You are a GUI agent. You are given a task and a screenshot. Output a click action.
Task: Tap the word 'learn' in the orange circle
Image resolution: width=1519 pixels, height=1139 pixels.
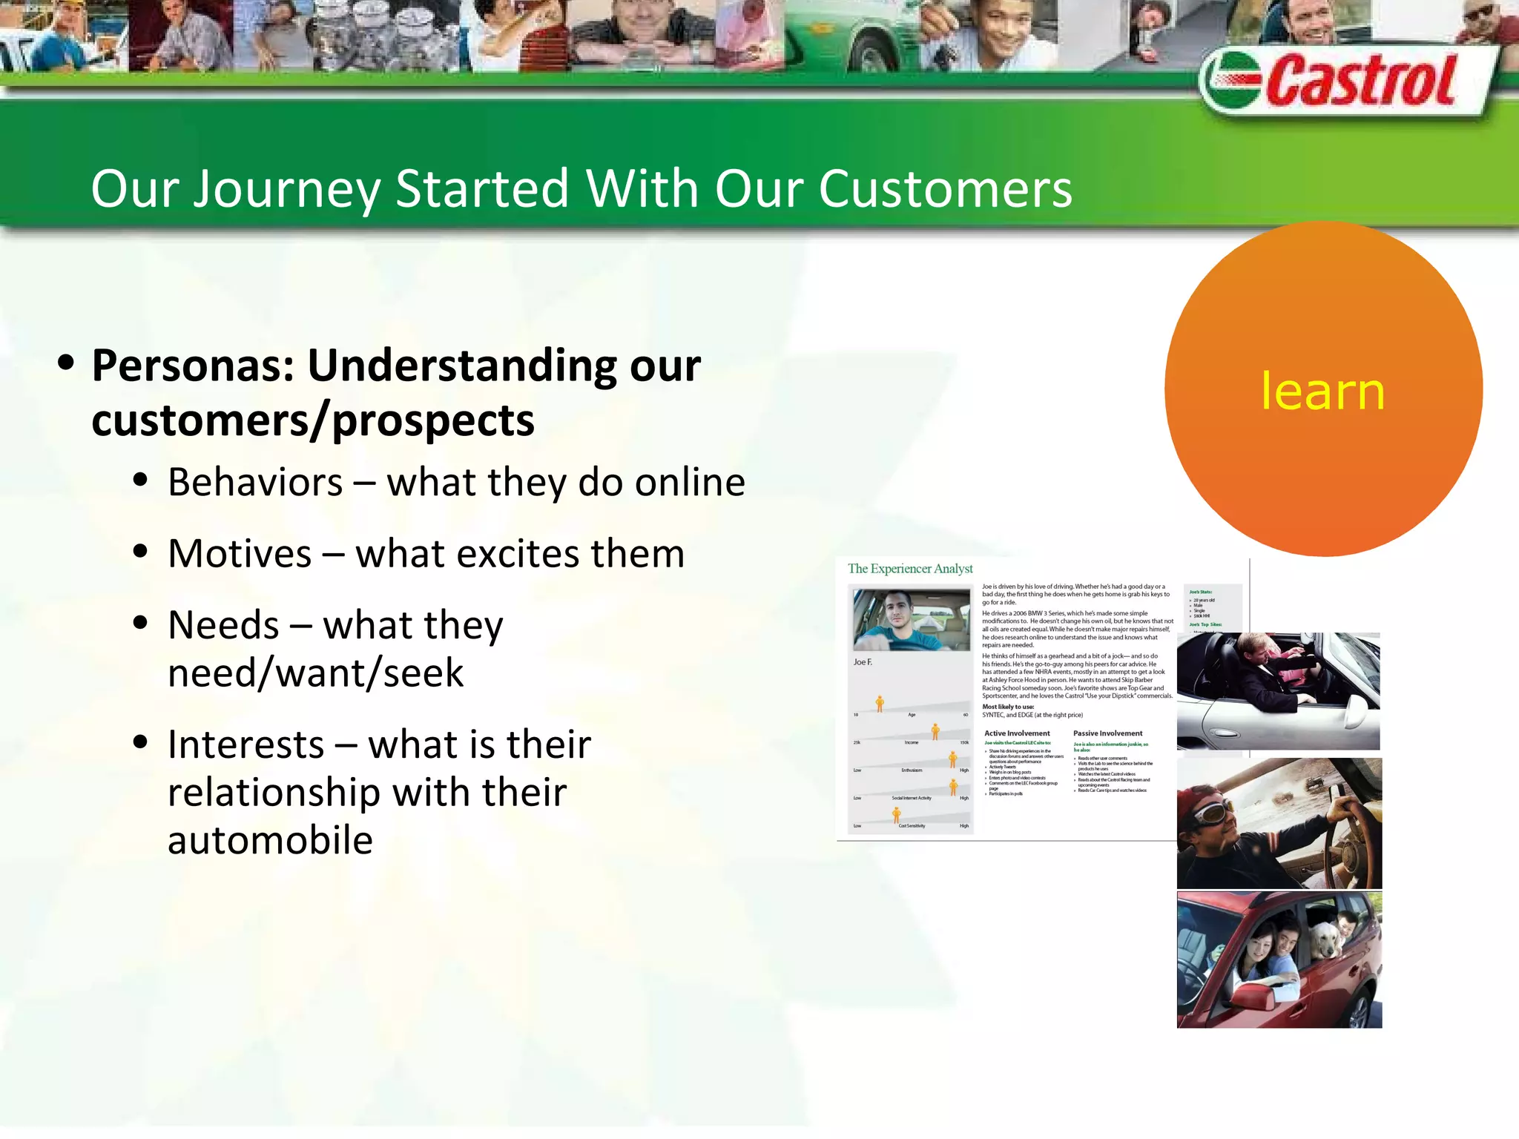(x=1322, y=391)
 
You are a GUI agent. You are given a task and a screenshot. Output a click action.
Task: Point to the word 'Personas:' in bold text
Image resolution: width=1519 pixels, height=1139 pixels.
(x=194, y=366)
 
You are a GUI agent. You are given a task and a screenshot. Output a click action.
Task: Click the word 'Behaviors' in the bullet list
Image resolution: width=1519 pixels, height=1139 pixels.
(x=255, y=483)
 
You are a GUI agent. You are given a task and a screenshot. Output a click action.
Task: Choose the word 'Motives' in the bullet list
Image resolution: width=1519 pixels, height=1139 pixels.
(x=240, y=554)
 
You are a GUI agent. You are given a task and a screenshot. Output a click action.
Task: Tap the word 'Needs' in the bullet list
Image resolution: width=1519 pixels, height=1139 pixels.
(x=223, y=625)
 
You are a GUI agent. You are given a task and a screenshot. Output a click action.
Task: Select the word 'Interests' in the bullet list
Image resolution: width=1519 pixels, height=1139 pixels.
(x=246, y=745)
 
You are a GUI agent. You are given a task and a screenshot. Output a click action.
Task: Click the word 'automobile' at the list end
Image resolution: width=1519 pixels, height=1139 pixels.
(x=270, y=840)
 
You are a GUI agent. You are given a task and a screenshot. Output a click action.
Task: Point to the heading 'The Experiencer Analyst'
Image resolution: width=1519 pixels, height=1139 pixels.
(x=910, y=569)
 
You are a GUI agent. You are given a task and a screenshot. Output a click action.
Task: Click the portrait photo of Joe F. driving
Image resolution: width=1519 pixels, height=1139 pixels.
(x=911, y=620)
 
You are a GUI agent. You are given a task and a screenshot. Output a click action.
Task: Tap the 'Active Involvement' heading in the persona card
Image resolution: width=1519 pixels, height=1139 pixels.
(x=1017, y=733)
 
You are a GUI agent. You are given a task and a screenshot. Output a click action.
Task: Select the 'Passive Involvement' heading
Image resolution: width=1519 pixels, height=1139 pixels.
(x=1107, y=733)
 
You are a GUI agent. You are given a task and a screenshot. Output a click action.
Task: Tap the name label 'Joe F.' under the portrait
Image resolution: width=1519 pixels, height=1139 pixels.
(x=863, y=662)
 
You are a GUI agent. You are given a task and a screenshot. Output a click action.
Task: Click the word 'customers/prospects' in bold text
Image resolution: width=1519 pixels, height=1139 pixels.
(x=312, y=421)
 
